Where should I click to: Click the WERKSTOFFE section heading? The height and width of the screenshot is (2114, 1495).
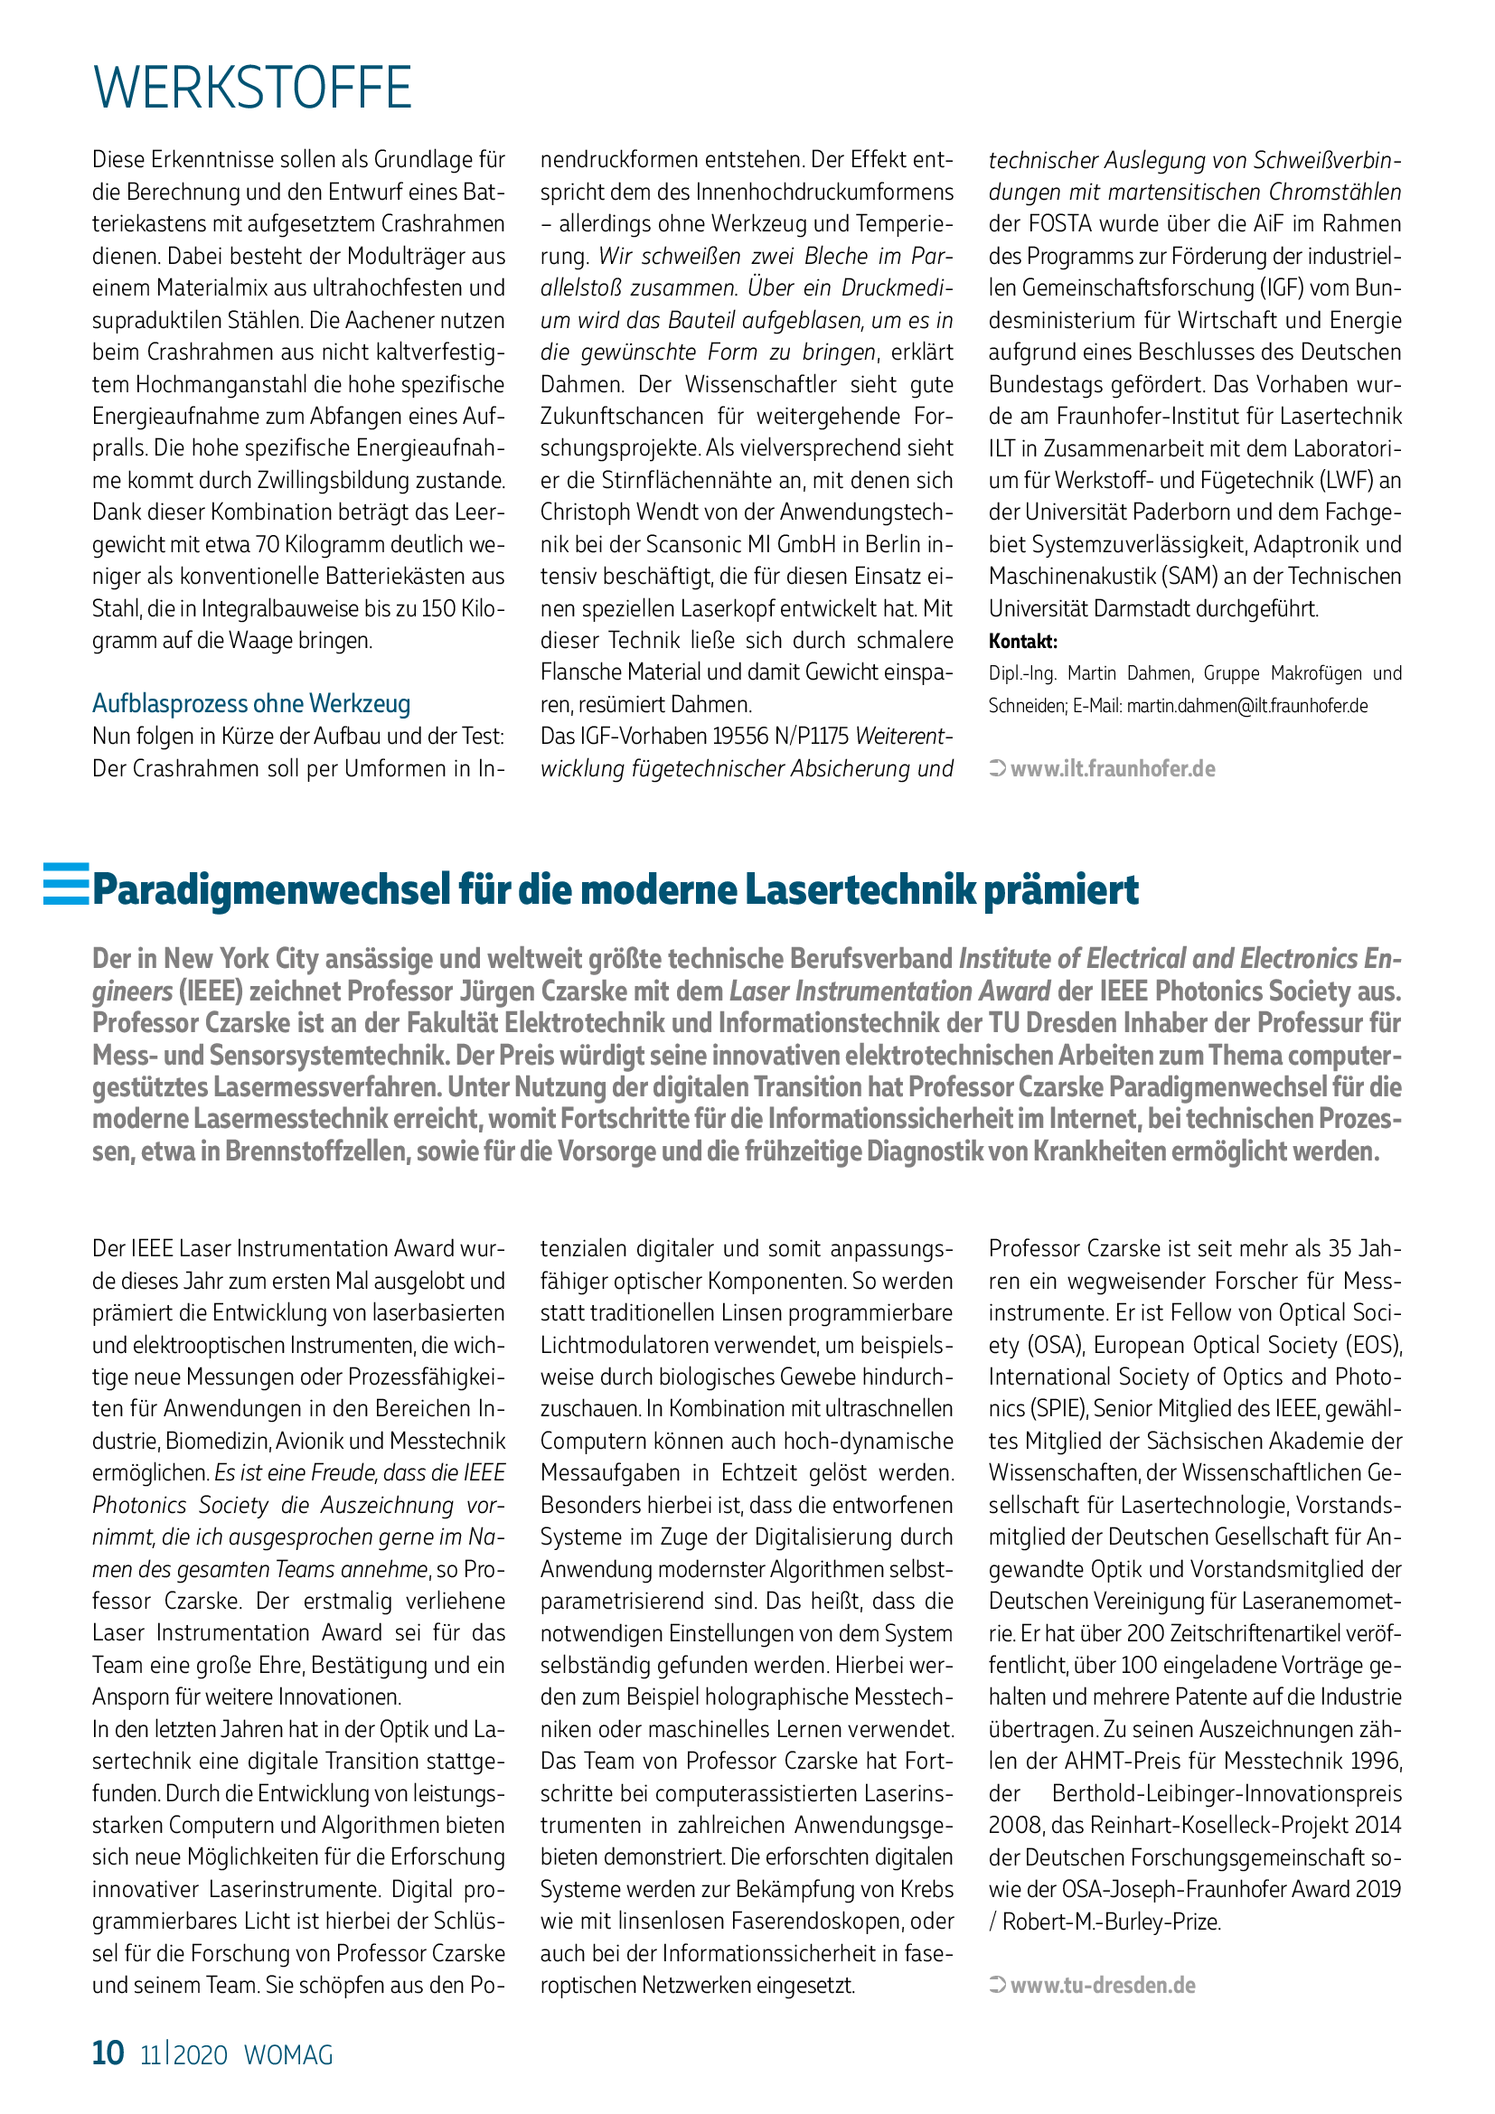pos(252,89)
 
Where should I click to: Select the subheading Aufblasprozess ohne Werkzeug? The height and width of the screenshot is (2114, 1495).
pos(251,704)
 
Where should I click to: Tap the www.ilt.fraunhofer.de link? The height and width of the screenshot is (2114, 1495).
pos(1112,769)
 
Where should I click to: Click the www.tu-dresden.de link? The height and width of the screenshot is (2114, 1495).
pos(1103,1985)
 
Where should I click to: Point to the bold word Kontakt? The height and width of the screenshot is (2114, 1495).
pos(1023,642)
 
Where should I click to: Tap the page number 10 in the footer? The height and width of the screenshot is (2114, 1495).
pos(108,2053)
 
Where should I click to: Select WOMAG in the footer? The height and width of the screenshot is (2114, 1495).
pos(288,2055)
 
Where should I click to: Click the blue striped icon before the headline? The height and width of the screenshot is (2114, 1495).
pos(66,884)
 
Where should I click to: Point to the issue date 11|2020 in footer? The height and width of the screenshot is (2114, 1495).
pos(183,2055)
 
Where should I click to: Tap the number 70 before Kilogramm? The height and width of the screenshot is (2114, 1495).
pos(268,545)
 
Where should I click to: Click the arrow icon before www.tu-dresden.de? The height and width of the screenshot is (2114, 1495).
pos(997,1985)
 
